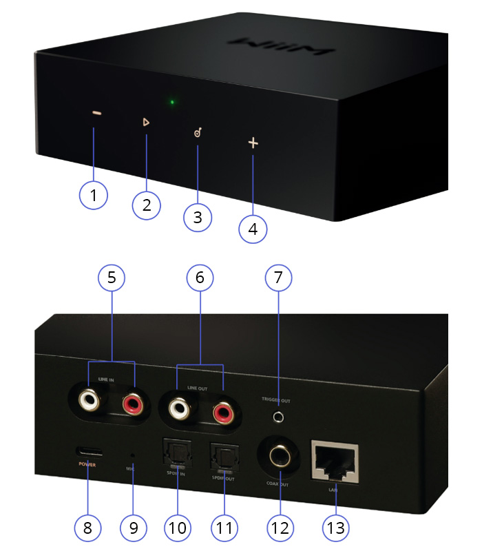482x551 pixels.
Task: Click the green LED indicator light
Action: [172, 103]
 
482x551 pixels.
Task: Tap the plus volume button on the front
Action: [253, 143]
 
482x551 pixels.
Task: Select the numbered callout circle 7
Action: [278, 278]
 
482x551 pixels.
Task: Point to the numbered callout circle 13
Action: [337, 528]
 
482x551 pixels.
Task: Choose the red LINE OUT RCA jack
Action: [223, 413]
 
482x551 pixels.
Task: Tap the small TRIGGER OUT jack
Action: [278, 417]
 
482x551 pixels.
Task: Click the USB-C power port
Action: [91, 453]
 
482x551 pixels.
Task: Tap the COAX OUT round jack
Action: [278, 456]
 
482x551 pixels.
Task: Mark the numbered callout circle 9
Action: [134, 528]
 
